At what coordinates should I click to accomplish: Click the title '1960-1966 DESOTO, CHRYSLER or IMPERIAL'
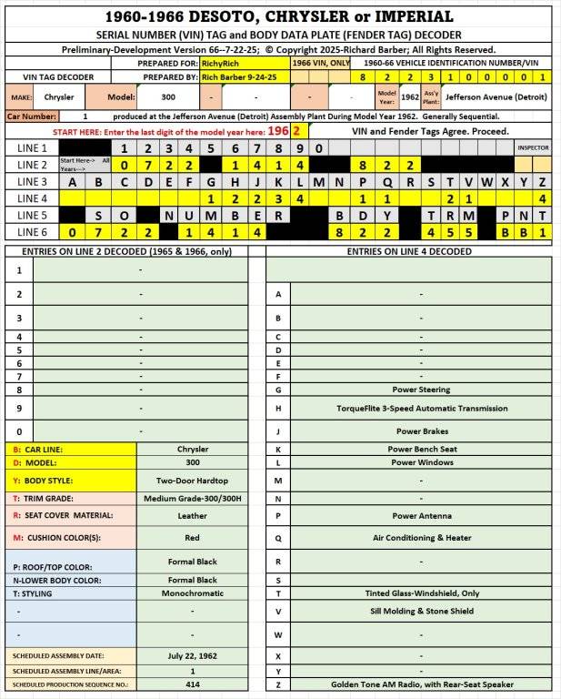click(x=280, y=16)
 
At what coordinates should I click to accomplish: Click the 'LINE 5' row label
click(x=32, y=216)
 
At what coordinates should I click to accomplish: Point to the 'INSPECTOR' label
click(x=534, y=147)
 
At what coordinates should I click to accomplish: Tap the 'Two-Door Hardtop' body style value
click(x=192, y=480)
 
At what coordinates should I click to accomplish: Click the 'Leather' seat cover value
click(x=192, y=515)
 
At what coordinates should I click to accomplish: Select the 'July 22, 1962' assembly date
click(x=192, y=655)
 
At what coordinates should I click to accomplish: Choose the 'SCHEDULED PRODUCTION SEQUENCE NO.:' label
click(x=71, y=684)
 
